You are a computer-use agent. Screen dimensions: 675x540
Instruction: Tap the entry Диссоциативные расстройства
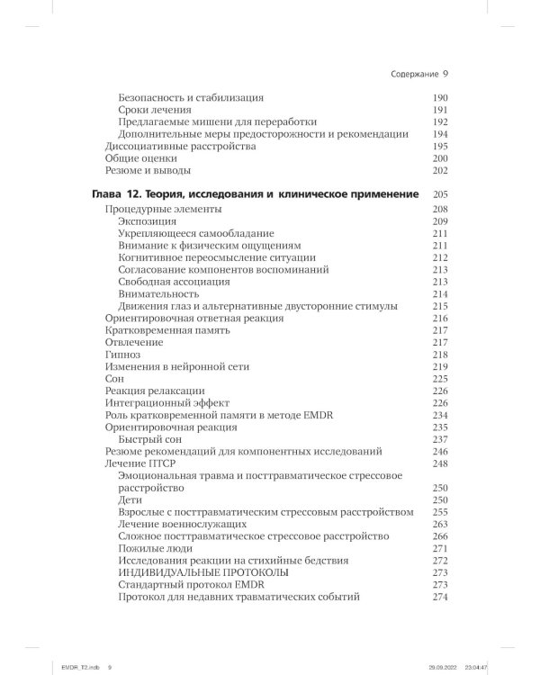(x=167, y=146)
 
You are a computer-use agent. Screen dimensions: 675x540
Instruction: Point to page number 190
(x=440, y=97)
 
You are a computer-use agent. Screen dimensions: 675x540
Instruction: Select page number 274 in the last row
(x=440, y=597)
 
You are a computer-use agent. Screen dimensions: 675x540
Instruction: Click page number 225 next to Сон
(x=440, y=379)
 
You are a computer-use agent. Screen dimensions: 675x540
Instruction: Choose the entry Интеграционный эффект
(x=155, y=403)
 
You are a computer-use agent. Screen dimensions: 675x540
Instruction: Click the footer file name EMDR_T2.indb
(x=60, y=668)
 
